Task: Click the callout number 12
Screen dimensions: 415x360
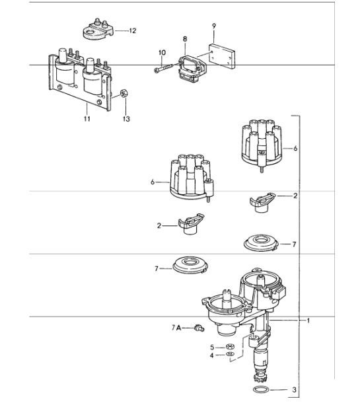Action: (x=133, y=30)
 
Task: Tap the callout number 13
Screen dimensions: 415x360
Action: (x=126, y=119)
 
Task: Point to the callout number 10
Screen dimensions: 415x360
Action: (x=162, y=52)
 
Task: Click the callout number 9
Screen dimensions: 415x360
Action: (x=214, y=26)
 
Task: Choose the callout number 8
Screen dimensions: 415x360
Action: (x=186, y=40)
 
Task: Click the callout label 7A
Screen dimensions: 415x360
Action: (x=178, y=327)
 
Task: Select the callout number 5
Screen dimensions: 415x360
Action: (x=212, y=346)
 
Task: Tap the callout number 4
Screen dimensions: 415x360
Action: (x=212, y=355)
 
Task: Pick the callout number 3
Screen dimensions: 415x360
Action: (x=295, y=390)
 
